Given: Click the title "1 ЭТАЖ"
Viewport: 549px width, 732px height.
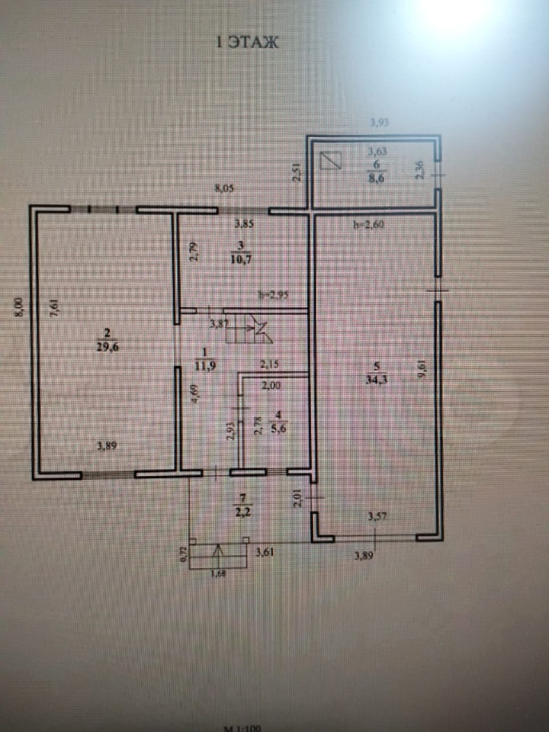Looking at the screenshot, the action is click(247, 42).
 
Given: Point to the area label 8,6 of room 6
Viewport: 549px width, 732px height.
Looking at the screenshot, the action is click(377, 178).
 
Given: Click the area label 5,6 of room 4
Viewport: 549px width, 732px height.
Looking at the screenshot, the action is click(278, 425).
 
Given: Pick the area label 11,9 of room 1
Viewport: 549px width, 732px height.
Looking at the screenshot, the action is click(206, 364).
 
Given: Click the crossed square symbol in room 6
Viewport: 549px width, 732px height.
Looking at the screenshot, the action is click(331, 160).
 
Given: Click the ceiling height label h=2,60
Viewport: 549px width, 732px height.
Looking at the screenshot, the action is click(369, 225).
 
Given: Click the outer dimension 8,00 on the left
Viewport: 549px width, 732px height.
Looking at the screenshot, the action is click(18, 307).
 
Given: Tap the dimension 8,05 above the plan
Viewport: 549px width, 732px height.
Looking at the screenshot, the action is click(224, 187).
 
